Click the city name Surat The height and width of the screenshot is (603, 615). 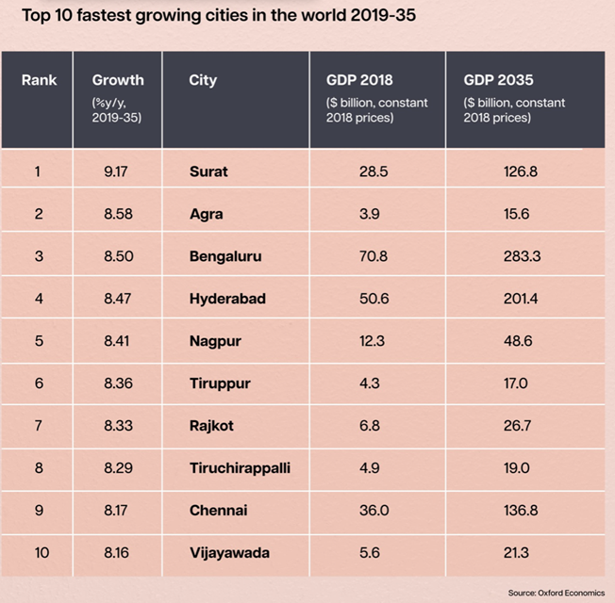[x=208, y=171]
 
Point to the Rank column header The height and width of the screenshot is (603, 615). [x=39, y=80]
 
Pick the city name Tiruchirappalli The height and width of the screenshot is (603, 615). [x=241, y=468]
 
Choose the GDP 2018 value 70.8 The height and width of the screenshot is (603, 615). [x=370, y=256]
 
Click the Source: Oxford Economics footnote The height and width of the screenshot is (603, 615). [x=555, y=592]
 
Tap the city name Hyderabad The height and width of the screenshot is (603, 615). [x=227, y=299]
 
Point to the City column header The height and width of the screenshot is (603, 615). [x=203, y=80]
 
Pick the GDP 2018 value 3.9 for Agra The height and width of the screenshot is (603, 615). [x=370, y=214]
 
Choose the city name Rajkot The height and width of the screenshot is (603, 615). [x=211, y=426]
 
